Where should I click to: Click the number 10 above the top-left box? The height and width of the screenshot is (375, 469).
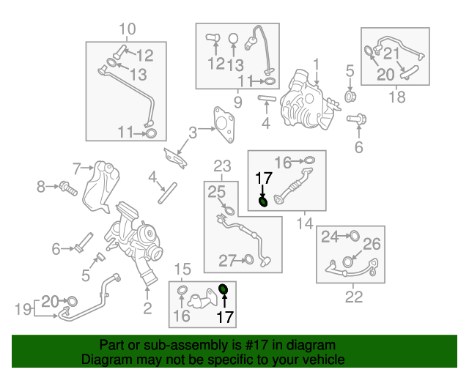127,29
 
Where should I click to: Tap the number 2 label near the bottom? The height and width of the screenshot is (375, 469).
147,309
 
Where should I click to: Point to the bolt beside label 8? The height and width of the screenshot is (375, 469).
67,187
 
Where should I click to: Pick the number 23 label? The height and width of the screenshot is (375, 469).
222,166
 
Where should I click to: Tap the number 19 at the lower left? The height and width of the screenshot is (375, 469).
23,309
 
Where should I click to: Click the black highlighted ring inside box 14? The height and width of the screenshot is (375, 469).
263,201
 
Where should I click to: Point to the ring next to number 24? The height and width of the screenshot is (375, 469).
353,237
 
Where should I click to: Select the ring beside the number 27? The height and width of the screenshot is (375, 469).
248,259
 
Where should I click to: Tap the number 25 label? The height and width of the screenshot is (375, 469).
215,193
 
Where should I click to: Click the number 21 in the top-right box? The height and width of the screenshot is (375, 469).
391,53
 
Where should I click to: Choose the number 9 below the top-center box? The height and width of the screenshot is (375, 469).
237,101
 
